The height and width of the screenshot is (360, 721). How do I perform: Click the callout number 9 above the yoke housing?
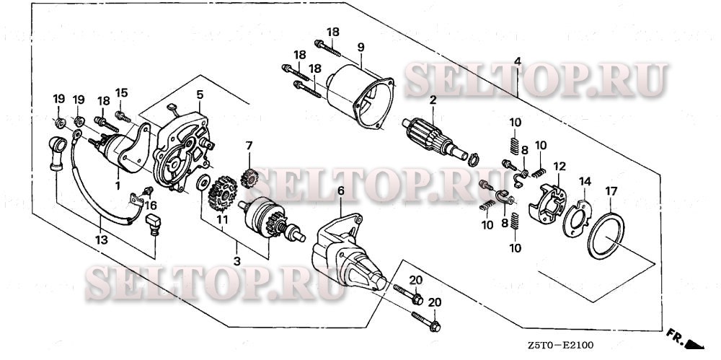[x=360, y=47]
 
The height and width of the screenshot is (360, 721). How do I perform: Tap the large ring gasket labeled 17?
[x=606, y=235]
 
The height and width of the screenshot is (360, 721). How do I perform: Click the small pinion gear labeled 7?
[x=249, y=175]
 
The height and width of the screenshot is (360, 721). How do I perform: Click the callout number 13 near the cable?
[x=103, y=239]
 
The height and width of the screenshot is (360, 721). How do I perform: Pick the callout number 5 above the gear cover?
[x=199, y=95]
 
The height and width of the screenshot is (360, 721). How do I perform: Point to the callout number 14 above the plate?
[x=585, y=180]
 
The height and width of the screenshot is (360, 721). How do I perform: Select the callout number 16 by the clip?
[x=151, y=205]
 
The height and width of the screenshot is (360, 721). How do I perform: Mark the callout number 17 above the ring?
[x=611, y=191]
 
